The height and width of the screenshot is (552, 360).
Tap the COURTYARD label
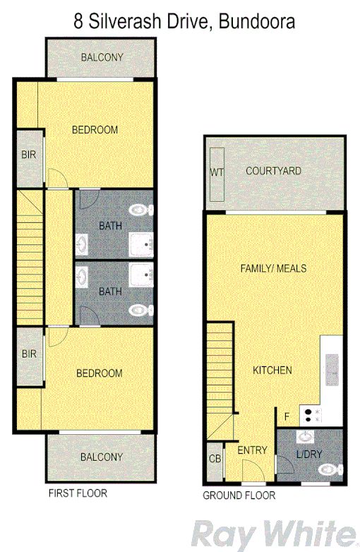(273, 171)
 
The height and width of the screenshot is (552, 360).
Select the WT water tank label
(215, 172)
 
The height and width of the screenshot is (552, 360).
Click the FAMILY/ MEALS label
(273, 268)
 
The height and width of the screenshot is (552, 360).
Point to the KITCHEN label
(272, 370)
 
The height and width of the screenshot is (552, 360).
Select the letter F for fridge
(287, 416)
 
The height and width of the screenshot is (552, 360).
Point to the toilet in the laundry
(329, 469)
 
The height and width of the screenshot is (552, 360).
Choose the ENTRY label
(252, 450)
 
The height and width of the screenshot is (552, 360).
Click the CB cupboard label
(215, 460)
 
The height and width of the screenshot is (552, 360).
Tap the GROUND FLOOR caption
(239, 496)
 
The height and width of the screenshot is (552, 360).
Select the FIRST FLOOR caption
(78, 493)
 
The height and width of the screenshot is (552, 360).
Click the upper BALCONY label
(102, 57)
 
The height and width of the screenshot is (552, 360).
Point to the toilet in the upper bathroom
(140, 210)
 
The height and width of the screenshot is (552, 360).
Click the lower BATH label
(110, 291)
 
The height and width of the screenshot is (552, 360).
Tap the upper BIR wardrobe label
(29, 155)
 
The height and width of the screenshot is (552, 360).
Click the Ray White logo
(275, 534)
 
